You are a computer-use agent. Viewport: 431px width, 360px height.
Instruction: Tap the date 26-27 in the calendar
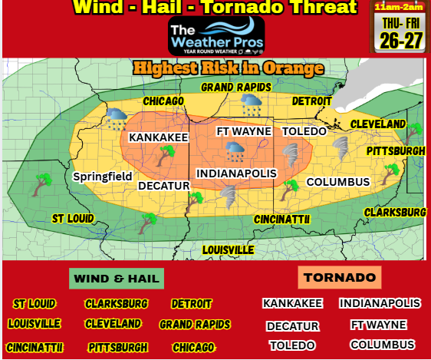tap(400, 41)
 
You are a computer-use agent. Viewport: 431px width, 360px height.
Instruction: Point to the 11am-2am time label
tap(400, 8)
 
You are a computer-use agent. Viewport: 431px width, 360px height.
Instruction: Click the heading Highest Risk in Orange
tap(228, 68)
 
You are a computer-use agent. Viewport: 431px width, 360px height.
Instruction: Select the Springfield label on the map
tap(103, 177)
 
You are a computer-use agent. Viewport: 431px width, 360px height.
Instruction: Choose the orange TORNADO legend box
tap(338, 277)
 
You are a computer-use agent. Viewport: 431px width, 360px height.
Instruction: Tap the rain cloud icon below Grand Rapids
tap(252, 105)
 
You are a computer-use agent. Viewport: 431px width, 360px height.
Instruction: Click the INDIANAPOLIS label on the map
tap(236, 174)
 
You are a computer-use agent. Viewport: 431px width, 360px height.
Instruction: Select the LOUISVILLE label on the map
tap(229, 250)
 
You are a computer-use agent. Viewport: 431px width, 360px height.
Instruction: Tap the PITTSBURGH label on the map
tap(395, 151)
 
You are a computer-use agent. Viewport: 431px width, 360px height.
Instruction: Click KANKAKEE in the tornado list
tap(292, 304)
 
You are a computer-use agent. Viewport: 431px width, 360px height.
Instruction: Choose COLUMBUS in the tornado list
tap(382, 345)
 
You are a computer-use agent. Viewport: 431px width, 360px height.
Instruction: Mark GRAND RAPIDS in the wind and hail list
tap(195, 325)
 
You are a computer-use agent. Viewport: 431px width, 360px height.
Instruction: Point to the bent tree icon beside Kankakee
tap(164, 156)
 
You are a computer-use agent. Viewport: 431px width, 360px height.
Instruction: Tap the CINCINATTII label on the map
tap(281, 220)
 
